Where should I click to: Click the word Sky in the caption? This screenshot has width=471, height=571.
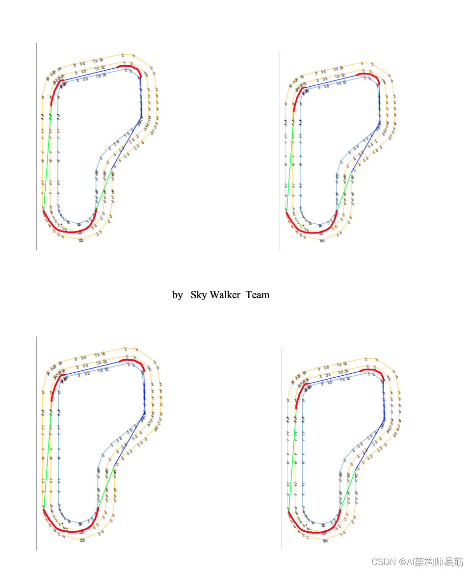coord(199,295)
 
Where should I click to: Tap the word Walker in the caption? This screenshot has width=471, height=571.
coord(225,295)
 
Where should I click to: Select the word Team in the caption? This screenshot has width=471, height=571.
coord(258,295)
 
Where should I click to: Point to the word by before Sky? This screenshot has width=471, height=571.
coord(177,295)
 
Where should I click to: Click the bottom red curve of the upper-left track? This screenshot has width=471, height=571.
coord(69,231)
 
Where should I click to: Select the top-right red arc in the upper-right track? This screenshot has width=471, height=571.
coord(369,75)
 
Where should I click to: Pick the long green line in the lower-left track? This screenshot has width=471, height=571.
coord(48,456)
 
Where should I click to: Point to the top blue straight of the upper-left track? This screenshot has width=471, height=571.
coord(91,73)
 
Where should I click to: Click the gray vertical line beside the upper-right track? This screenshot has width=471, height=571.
coord(280,147)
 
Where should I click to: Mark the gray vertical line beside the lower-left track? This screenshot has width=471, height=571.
coord(37,441)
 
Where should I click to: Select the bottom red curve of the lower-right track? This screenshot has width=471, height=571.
coord(314,531)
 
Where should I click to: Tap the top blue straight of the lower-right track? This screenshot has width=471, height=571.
coord(334,377)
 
